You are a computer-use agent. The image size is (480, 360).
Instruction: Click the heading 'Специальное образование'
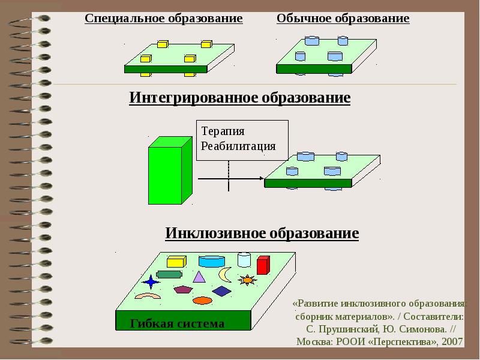click(164, 19)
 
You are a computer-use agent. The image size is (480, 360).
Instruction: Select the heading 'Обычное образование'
click(343, 19)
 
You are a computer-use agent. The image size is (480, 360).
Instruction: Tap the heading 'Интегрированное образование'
click(239, 98)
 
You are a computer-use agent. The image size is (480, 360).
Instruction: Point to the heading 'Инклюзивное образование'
click(262, 233)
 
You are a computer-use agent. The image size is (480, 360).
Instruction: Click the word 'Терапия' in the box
click(223, 131)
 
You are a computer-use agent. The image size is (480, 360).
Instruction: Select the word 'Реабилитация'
click(238, 146)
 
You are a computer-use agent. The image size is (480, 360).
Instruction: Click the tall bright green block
click(170, 170)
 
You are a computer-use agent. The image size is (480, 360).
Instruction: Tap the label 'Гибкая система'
click(177, 323)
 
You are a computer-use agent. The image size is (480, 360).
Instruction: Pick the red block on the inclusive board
click(263, 265)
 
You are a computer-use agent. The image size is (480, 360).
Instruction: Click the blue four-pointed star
click(151, 281)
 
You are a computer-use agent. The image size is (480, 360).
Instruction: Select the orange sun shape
click(247, 280)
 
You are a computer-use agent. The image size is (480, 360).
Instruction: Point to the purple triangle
click(199, 277)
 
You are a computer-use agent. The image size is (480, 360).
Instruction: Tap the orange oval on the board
click(202, 301)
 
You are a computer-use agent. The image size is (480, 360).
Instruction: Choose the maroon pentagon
click(183, 289)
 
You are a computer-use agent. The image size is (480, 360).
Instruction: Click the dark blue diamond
click(221, 291)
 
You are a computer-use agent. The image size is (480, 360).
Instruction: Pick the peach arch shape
click(148, 295)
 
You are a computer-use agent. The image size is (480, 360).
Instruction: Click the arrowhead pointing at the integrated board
click(262, 178)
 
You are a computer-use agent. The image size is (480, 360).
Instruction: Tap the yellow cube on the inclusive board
click(176, 262)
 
